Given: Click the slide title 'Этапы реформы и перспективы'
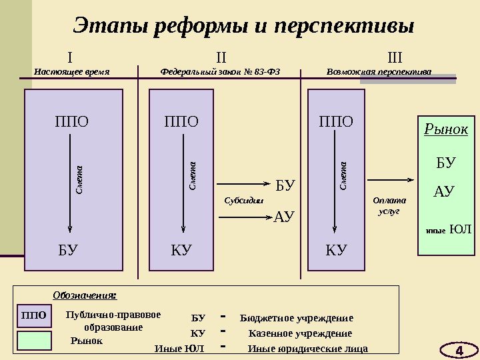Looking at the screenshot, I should [243, 27].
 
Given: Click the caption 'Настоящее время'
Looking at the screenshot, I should [71, 71].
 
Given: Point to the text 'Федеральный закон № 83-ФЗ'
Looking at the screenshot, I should [221, 71].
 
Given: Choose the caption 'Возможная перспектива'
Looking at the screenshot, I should [379, 71].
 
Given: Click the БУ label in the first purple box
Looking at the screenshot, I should [68, 251].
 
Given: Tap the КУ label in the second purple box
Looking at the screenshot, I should [181, 251].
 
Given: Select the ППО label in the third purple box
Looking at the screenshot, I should [336, 121].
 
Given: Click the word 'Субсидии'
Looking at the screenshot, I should [243, 200].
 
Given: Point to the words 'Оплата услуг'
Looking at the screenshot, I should [389, 205].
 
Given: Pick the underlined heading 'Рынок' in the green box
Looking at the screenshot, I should [446, 129].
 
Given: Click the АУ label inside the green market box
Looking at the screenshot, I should [444, 192].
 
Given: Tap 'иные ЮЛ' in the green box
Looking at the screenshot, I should [448, 230].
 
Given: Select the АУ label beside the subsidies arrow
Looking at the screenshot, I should [285, 216].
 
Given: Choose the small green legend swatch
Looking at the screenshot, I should [33, 340].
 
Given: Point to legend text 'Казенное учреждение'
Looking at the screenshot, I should [299, 333].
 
